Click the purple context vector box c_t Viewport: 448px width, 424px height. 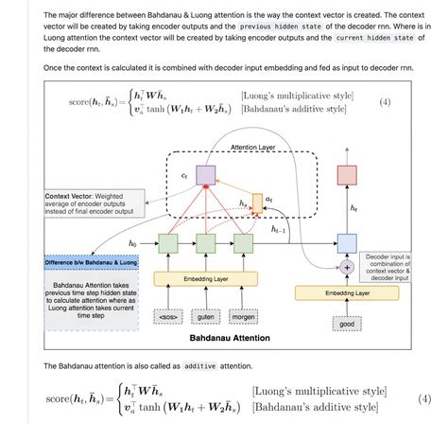pyautogui.click(x=206, y=174)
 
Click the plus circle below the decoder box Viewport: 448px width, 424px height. pyautogui.click(x=347, y=268)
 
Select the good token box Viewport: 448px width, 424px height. pyautogui.click(x=347, y=324)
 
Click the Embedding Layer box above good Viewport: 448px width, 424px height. pyautogui.click(x=347, y=293)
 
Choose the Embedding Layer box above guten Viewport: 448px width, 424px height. pyautogui.click(x=206, y=279)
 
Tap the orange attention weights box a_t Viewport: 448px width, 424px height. pyautogui.click(x=257, y=200)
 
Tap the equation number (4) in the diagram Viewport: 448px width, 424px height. pyautogui.click(x=385, y=101)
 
